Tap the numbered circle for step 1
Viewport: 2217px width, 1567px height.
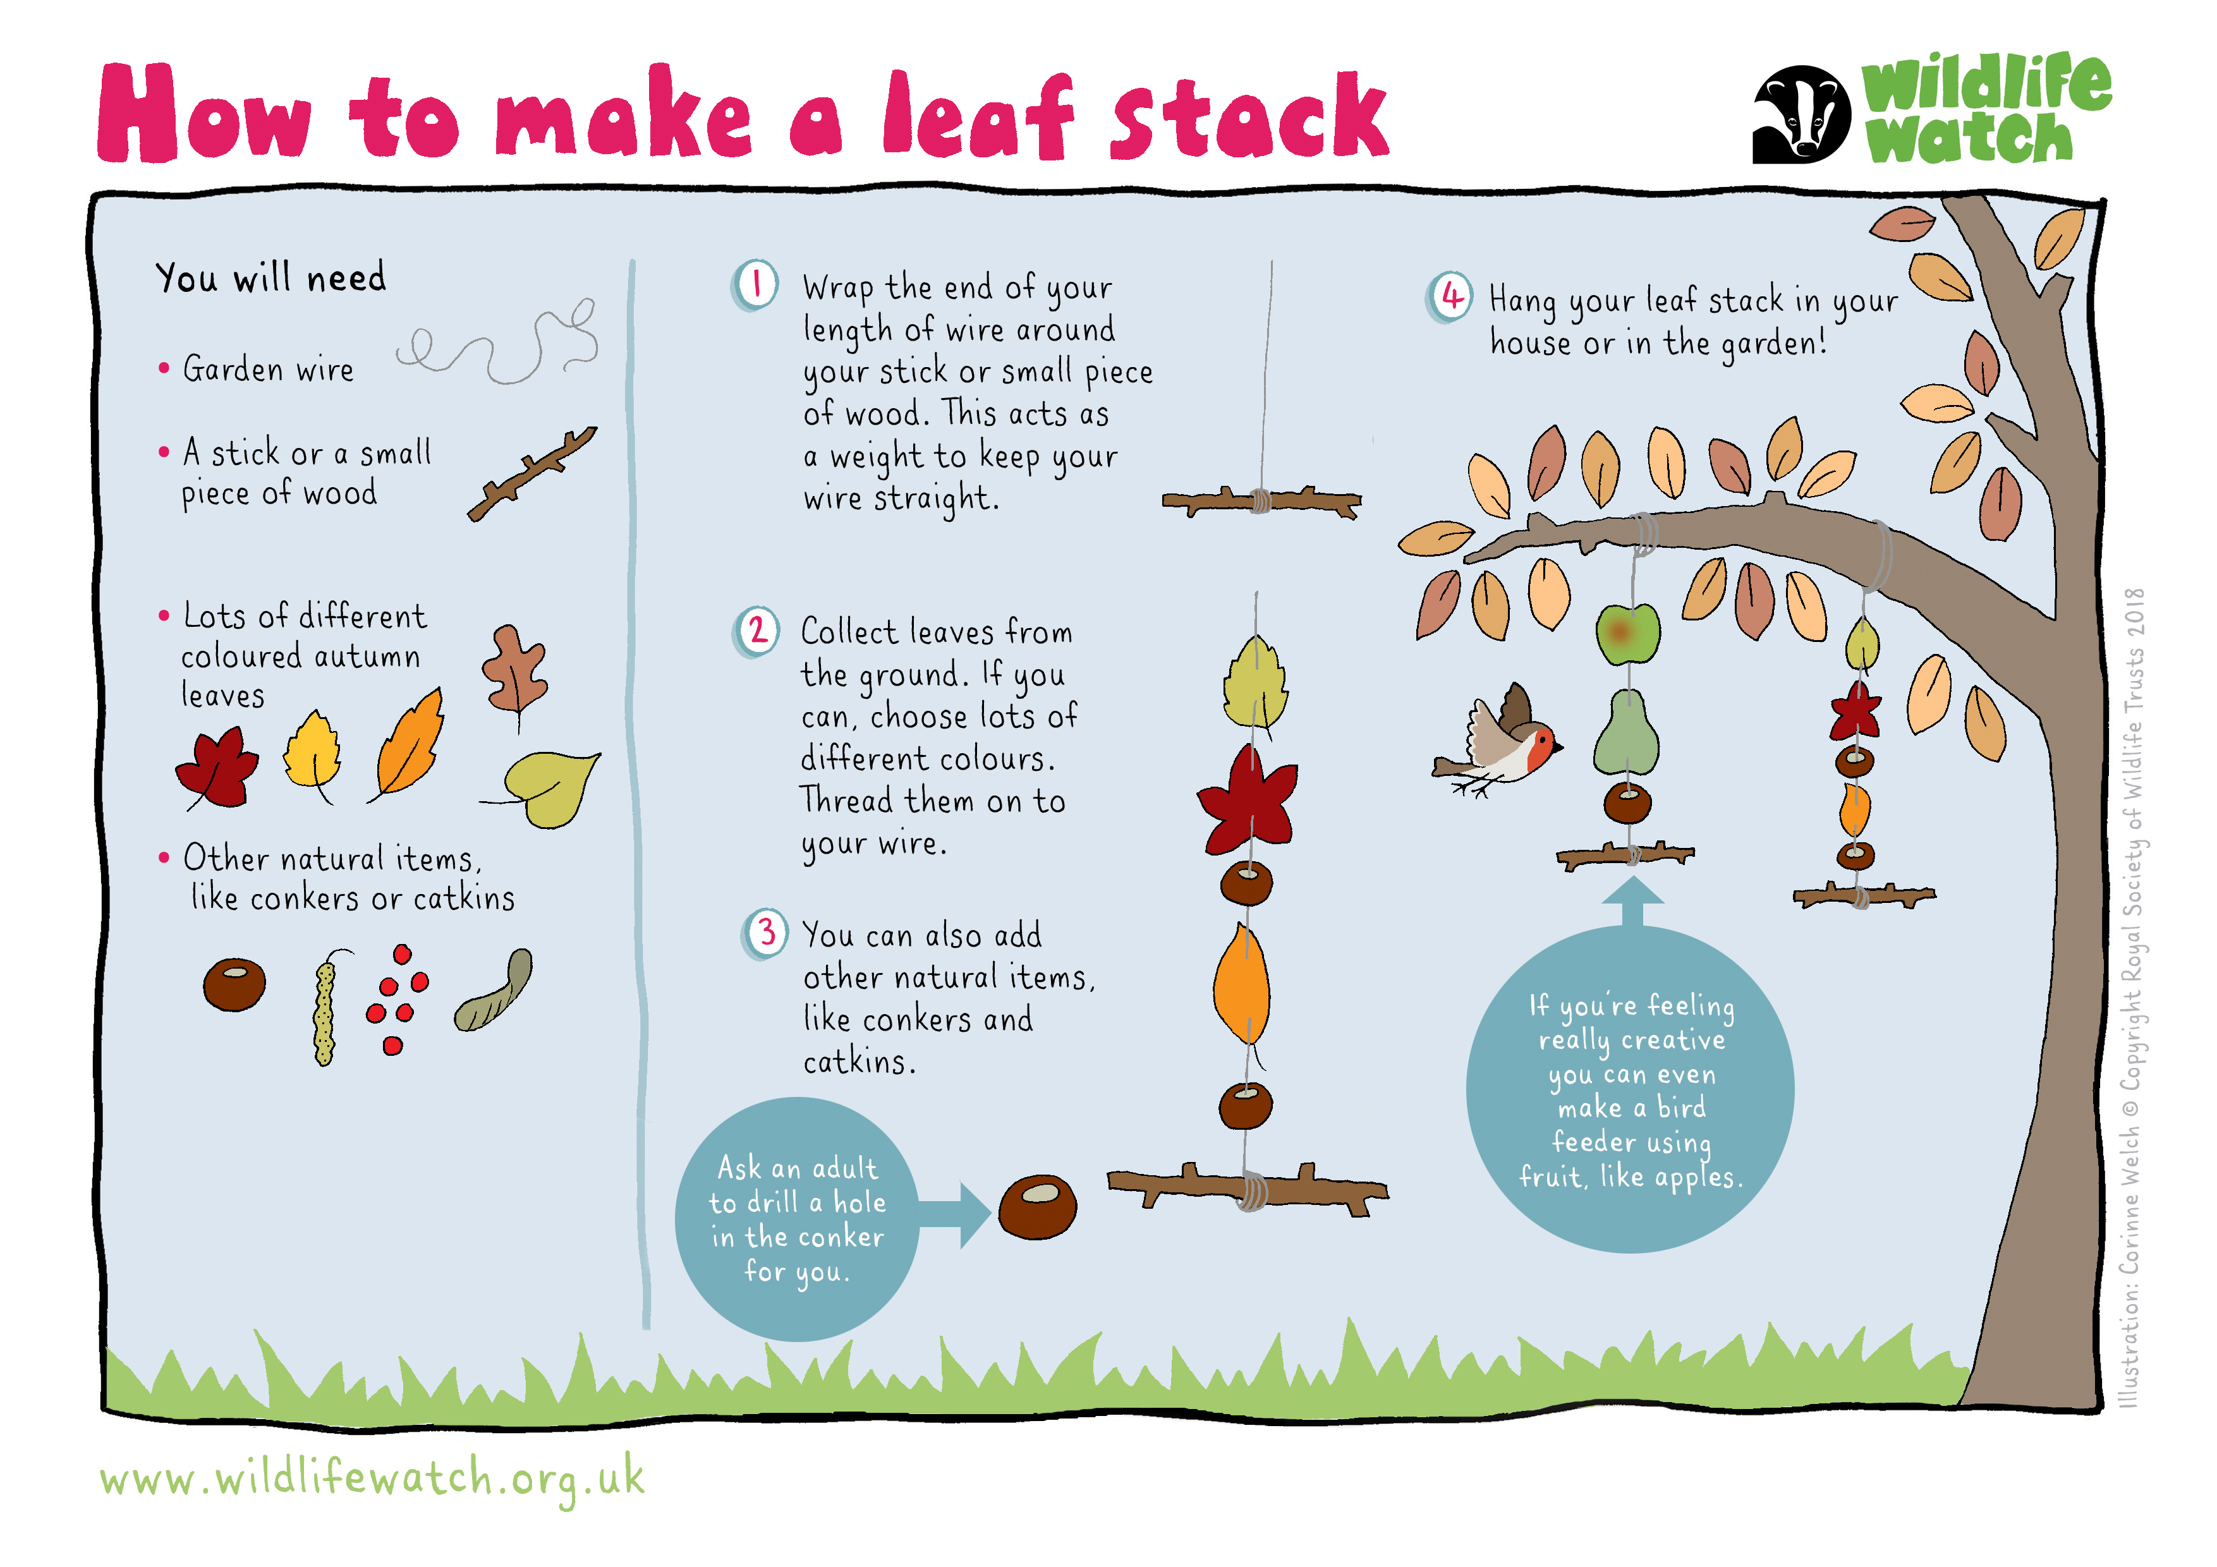point(755,286)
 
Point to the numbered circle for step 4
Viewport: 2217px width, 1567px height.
point(1450,298)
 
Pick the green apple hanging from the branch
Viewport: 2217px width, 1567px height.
point(1628,634)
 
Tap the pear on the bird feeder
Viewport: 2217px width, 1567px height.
point(1626,734)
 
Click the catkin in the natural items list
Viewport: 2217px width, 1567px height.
point(326,1007)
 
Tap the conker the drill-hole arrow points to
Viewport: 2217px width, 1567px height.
point(1037,1207)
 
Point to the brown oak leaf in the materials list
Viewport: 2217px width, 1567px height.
point(514,671)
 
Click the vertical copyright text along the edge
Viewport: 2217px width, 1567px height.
point(2133,997)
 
